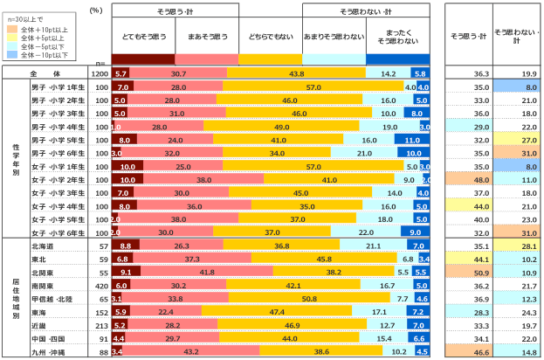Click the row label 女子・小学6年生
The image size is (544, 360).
[x=56, y=232]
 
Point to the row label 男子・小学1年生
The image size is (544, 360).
[x=56, y=87]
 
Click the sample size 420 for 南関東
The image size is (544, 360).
[x=101, y=286]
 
